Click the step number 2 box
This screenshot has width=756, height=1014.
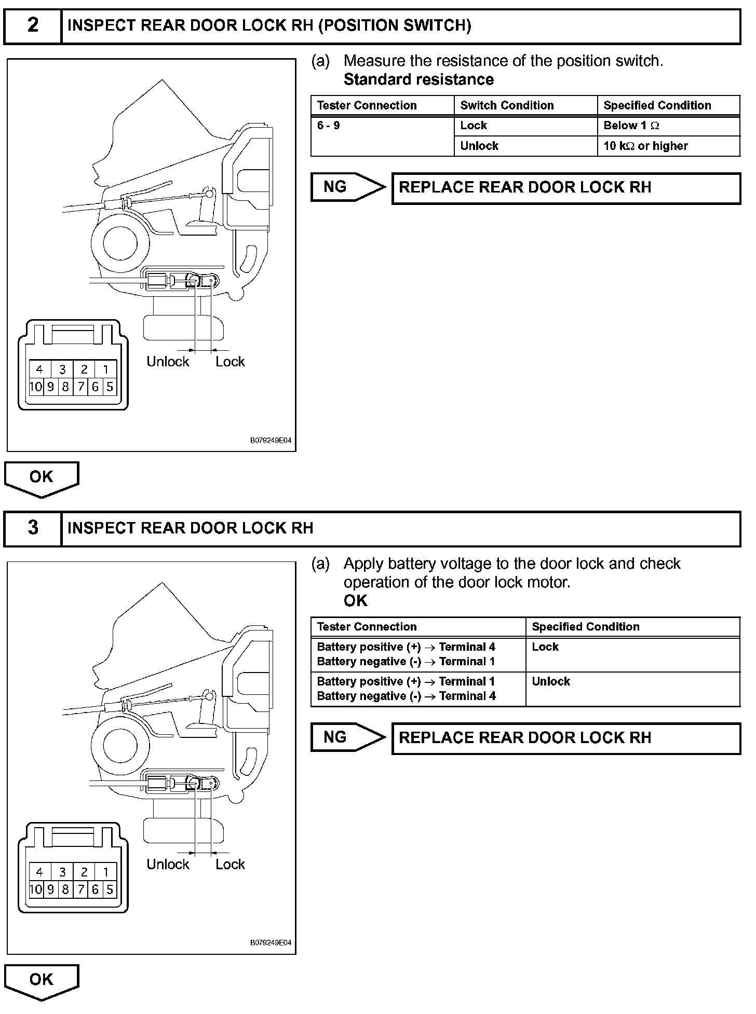point(33,25)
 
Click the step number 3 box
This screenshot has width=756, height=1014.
point(33,528)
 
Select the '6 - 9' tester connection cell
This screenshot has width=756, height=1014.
point(329,126)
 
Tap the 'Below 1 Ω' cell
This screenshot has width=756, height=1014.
point(631,126)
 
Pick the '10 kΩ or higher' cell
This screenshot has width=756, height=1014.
point(645,146)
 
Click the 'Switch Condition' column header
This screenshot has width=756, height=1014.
point(507,105)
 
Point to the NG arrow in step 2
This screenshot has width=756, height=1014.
point(347,187)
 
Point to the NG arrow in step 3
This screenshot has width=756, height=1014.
point(347,737)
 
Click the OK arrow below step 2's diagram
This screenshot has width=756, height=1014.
point(42,477)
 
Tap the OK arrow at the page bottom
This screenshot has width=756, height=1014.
point(42,980)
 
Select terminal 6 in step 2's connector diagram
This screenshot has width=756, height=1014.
point(95,387)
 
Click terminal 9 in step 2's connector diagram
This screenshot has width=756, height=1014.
point(51,387)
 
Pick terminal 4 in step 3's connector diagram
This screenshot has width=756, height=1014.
point(39,872)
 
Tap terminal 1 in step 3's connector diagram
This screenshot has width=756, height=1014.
point(106,872)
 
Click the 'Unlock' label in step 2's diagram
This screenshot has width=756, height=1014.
point(168,362)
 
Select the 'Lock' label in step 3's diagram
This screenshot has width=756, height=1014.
point(230,864)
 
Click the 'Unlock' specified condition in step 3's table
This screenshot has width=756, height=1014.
point(551,681)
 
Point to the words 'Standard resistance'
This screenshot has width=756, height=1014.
point(419,79)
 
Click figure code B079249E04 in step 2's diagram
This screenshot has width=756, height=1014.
point(271,441)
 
